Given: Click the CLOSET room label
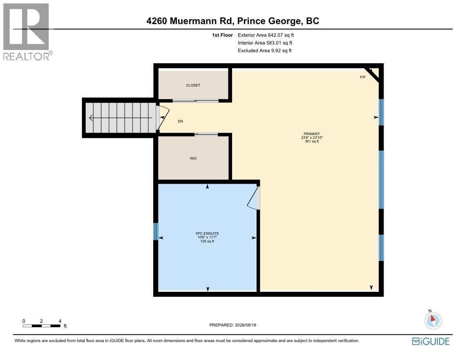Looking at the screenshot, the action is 193,85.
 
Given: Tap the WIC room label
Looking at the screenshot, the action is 193,158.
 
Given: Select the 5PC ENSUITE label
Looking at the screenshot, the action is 207,233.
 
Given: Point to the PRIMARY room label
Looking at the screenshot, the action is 312,134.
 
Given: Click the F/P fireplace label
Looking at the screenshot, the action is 363,77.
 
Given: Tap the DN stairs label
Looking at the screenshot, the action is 181,121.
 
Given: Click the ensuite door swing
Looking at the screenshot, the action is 252,198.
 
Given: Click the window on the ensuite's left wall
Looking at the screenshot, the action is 156,231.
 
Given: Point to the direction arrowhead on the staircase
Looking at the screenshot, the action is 91,118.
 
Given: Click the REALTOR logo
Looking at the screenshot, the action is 27,32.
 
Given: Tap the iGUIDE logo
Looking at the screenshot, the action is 431,341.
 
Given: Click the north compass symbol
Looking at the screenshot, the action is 433,320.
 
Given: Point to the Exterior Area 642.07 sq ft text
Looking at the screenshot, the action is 266,35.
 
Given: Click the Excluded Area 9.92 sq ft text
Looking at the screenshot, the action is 265,51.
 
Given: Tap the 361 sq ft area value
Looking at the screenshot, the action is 312,141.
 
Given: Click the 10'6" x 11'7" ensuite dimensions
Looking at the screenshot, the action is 207,237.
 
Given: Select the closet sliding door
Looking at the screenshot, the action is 196,101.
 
